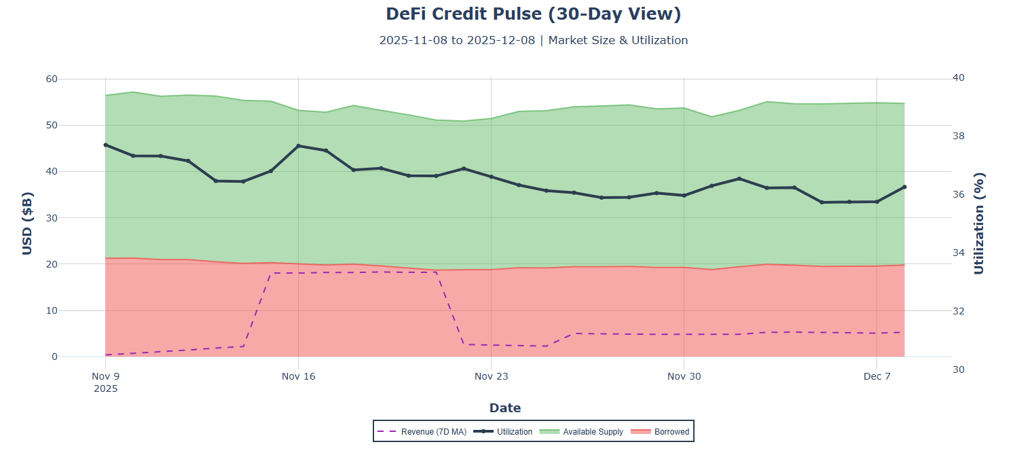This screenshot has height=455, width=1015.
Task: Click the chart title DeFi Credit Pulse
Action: pyautogui.click(x=533, y=14)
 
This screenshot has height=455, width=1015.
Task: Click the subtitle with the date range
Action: pyautogui.click(x=533, y=40)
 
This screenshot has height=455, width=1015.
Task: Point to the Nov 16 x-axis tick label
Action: pyautogui.click(x=298, y=376)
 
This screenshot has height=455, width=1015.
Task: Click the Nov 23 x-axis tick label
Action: pyautogui.click(x=491, y=376)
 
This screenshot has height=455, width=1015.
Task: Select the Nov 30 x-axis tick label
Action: pyautogui.click(x=684, y=376)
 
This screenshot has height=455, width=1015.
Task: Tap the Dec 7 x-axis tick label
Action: pyautogui.click(x=876, y=376)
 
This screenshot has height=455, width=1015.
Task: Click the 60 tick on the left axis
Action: pyautogui.click(x=52, y=79)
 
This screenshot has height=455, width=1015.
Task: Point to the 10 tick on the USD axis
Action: pyautogui.click(x=52, y=310)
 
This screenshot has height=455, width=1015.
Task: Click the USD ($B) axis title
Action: pyautogui.click(x=27, y=223)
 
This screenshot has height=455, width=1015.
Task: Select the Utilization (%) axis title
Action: pyautogui.click(x=978, y=223)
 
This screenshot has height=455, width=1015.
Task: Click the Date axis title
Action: pyautogui.click(x=505, y=408)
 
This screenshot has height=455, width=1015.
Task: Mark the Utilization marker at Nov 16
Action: pyautogui.click(x=298, y=146)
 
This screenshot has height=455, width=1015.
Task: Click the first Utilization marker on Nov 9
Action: pyautogui.click(x=105, y=145)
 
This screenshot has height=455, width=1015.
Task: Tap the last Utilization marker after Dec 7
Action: pyautogui.click(x=904, y=187)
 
